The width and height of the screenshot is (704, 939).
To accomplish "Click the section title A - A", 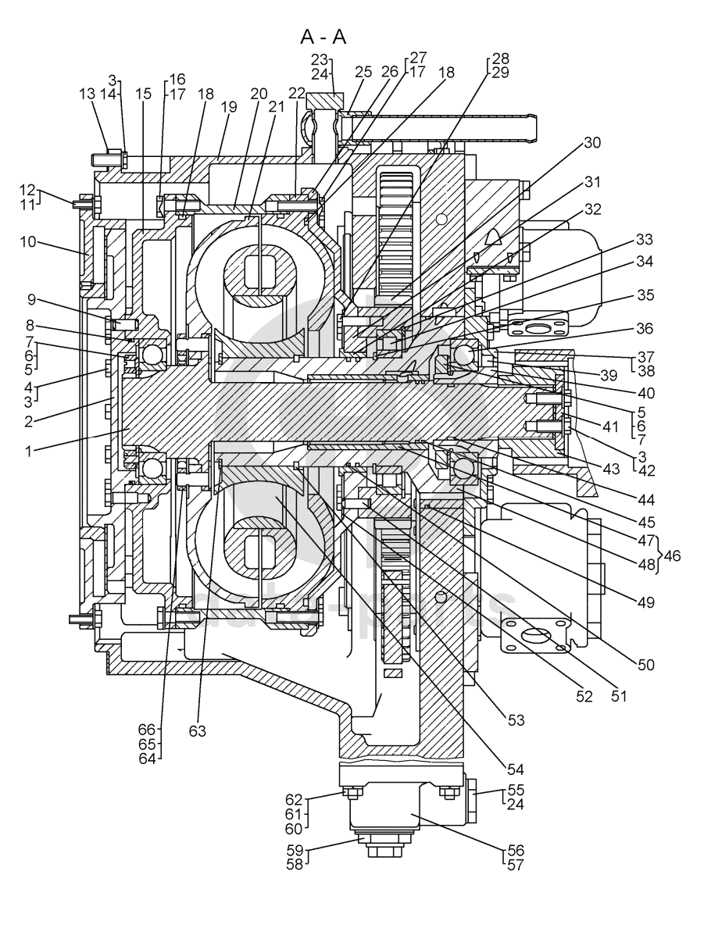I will point(323,37).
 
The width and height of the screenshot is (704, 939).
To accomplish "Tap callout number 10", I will point(28,243).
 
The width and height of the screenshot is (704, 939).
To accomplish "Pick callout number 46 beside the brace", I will point(672,555).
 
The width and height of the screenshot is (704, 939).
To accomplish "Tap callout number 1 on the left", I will point(28,451).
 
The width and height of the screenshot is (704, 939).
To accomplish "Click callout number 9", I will point(32,298).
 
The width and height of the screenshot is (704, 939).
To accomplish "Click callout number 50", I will point(645,665).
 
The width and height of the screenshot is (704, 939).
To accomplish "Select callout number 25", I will point(364,72).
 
